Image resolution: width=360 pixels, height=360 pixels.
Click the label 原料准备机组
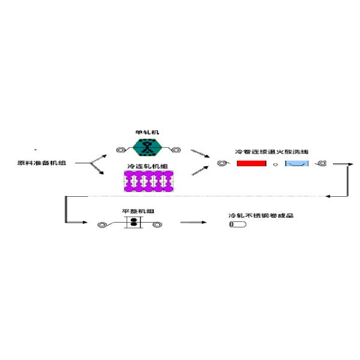pos(43,163)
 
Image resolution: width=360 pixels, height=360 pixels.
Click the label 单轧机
pos(146,132)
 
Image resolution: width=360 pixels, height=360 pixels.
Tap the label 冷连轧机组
pos(146,166)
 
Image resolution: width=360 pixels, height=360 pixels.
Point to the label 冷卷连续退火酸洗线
pos(272,152)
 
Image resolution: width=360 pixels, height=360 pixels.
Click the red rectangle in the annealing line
pos(251,163)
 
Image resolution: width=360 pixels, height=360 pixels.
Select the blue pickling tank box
pos(297,163)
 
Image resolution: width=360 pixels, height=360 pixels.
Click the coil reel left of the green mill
pos(119,148)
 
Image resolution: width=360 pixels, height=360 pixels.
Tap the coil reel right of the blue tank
pos(322,163)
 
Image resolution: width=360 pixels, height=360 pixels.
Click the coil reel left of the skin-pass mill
pos(103,225)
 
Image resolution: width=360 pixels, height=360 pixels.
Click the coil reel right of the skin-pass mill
pos(158,225)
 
